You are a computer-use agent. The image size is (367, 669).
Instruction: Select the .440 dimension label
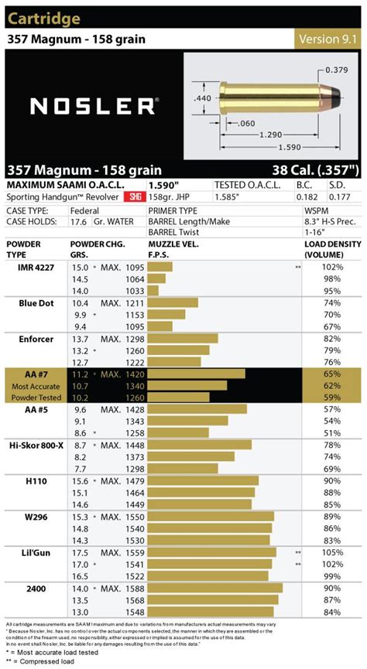tap(202, 98)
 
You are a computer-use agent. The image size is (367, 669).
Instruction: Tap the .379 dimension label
tap(336, 70)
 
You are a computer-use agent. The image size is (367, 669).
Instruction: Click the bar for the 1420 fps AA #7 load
tap(195, 374)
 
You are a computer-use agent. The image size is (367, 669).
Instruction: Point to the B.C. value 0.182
tap(305, 198)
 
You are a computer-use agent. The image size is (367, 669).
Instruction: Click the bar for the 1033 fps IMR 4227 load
tap(153, 290)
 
